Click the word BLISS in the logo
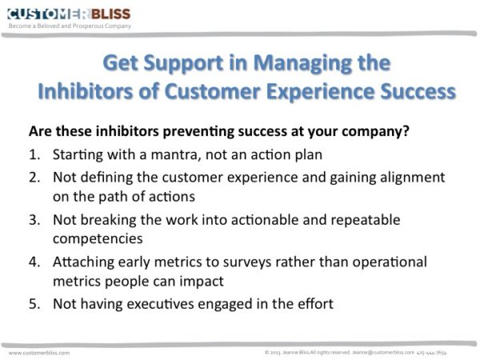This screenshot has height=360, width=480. [111, 14]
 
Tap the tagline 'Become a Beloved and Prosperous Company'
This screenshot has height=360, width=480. [70, 26]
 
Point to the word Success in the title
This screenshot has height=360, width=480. [418, 91]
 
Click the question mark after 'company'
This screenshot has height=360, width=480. [406, 131]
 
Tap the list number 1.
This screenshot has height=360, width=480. [34, 154]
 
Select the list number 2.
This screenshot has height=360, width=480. [34, 178]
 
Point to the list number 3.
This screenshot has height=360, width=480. [34, 220]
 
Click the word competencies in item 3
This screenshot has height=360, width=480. [98, 239]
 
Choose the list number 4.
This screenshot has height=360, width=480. [34, 262]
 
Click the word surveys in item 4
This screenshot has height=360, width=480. [246, 263]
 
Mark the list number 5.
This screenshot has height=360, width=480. [34, 304]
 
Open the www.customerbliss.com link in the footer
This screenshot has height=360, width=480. [39, 353]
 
